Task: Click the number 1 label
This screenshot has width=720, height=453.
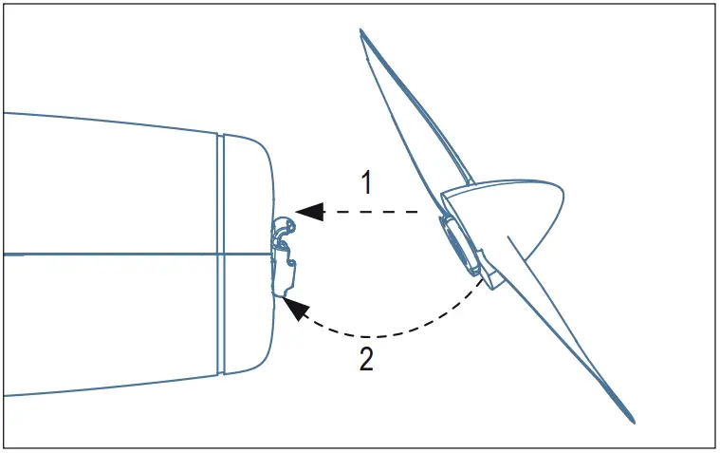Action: [x=364, y=183]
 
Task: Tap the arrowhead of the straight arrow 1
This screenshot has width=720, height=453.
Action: [x=308, y=212]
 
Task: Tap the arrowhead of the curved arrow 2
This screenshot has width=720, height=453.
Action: [x=297, y=309]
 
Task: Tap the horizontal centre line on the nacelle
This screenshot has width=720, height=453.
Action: [x=114, y=254]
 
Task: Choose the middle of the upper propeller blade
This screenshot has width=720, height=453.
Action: [x=408, y=109]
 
